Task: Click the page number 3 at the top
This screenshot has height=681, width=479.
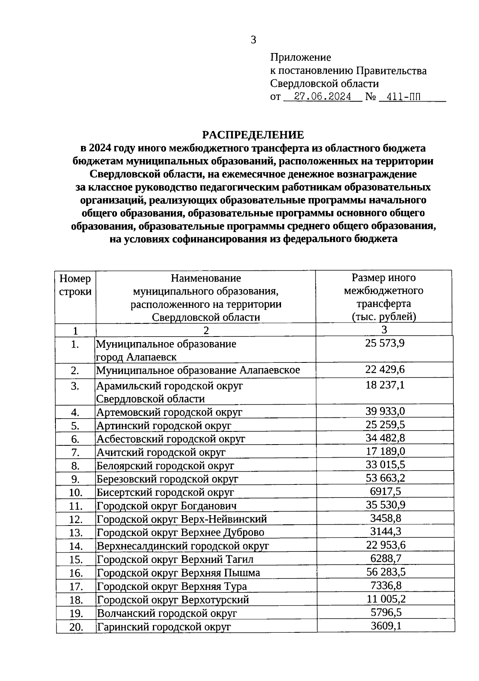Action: click(253, 40)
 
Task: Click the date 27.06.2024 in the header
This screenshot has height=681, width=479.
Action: click(323, 97)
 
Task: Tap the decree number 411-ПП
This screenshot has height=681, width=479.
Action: click(400, 97)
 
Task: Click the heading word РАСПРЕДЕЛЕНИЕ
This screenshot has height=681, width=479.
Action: click(253, 135)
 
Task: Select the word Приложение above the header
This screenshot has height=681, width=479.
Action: click(301, 57)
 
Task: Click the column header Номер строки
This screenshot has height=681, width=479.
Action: click(75, 285)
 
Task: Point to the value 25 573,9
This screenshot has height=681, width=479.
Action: click(385, 343)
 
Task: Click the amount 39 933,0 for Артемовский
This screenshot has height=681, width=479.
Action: click(385, 411)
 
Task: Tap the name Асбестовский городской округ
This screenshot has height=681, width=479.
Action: click(171, 439)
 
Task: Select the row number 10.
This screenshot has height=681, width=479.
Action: click(75, 493)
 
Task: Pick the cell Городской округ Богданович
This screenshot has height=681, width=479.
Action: click(166, 506)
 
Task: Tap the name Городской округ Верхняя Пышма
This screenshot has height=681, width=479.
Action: click(178, 573)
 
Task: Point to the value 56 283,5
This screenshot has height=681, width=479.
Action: click(386, 572)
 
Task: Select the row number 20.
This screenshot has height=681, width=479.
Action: click(75, 627)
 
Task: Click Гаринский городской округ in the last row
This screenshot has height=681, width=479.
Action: click(164, 627)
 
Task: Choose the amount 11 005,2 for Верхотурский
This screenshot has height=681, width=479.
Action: click(386, 598)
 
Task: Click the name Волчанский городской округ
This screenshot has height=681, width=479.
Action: click(167, 613)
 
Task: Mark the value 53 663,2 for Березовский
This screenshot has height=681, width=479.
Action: click(385, 478)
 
